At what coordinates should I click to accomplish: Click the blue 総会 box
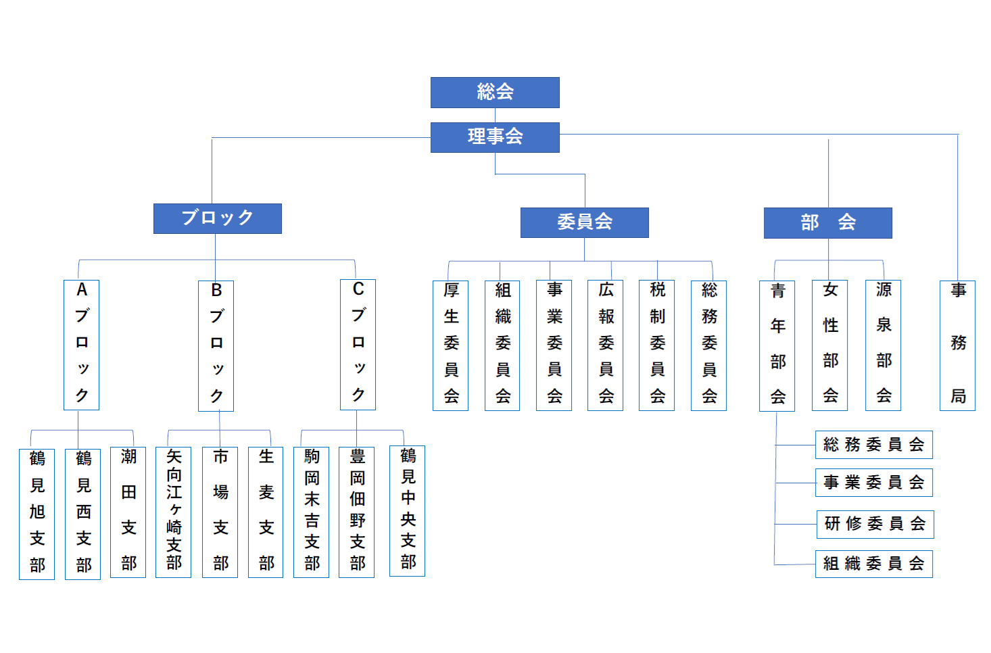pyautogui.click(x=495, y=93)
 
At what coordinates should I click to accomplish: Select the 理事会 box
pyautogui.click(x=495, y=137)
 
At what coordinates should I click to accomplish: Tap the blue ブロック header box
pyautogui.click(x=217, y=218)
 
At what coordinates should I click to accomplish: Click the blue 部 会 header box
pyautogui.click(x=827, y=223)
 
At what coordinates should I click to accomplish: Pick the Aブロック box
pyautogui.click(x=81, y=345)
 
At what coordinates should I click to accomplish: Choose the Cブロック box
pyautogui.click(x=358, y=345)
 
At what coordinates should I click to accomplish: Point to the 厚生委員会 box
pyautogui.click(x=450, y=345)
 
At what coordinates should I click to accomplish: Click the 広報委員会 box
pyautogui.click(x=605, y=345)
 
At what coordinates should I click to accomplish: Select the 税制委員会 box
pyautogui.click(x=656, y=345)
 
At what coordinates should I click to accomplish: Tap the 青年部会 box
pyautogui.click(x=777, y=345)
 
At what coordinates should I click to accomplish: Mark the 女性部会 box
pyautogui.click(x=829, y=345)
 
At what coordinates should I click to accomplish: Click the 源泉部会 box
pyautogui.click(x=883, y=345)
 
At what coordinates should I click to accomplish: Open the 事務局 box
pyautogui.click(x=957, y=345)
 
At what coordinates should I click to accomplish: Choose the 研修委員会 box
pyautogui.click(x=875, y=524)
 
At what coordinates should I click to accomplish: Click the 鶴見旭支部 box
pyautogui.click(x=37, y=514)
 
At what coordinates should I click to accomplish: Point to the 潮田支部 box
pyautogui.click(x=128, y=512)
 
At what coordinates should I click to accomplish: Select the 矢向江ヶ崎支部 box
pyautogui.click(x=173, y=512)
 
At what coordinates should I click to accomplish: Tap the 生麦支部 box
pyautogui.click(x=266, y=512)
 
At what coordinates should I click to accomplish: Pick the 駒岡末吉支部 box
pyautogui.click(x=311, y=512)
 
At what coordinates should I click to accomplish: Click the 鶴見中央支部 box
pyautogui.click(x=407, y=510)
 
